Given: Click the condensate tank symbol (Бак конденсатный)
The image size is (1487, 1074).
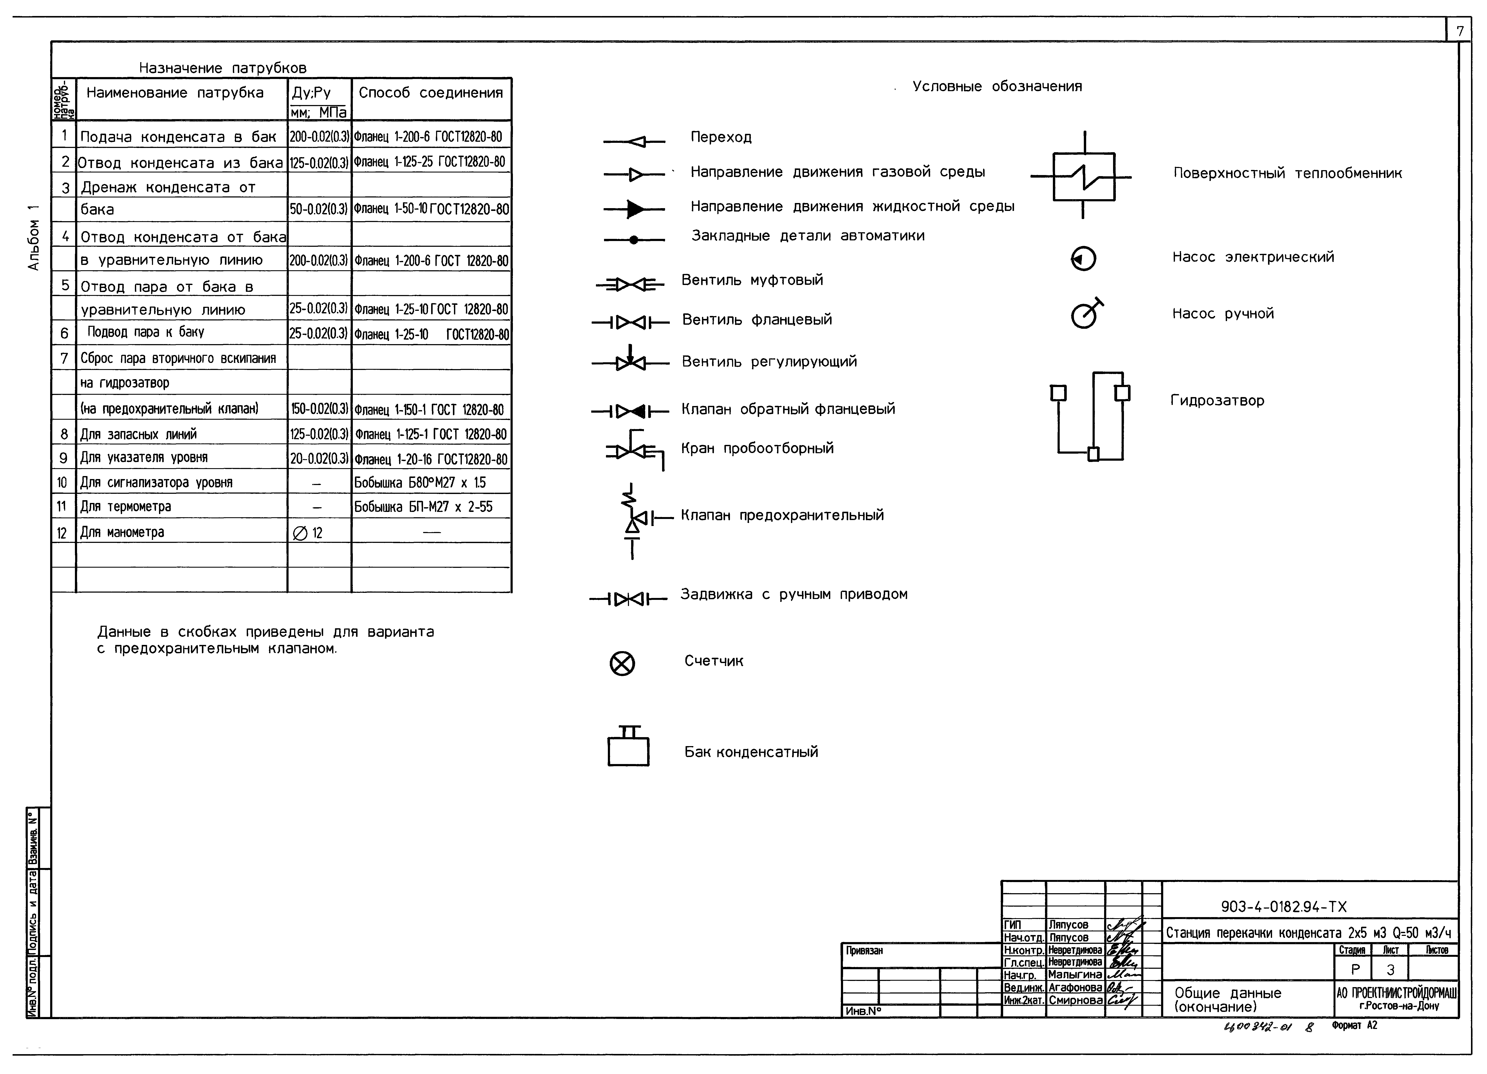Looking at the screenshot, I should pos(628,750).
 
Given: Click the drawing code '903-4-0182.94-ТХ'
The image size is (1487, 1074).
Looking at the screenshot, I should pos(1283,907).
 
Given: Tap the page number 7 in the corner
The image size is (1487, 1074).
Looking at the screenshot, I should pos(1459,31).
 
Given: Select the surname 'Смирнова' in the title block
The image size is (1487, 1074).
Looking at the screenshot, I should pos(1075,1000).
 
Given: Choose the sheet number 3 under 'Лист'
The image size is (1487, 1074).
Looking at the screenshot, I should pos(1390,969).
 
